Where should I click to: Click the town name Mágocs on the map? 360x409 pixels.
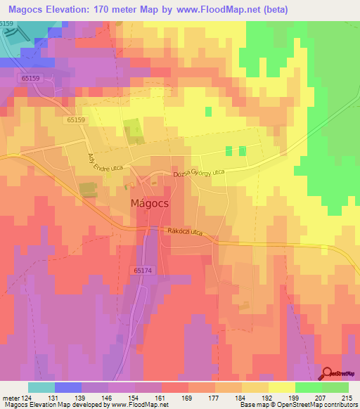coord(153,203)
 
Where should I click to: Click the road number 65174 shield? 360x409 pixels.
coord(141,269)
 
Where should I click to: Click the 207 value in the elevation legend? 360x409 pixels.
coord(321,397)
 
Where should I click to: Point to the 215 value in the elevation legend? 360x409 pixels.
coord(347,397)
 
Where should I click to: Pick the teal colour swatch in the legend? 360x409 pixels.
coord(41,387)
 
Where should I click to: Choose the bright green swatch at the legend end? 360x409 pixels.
coord(335,387)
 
